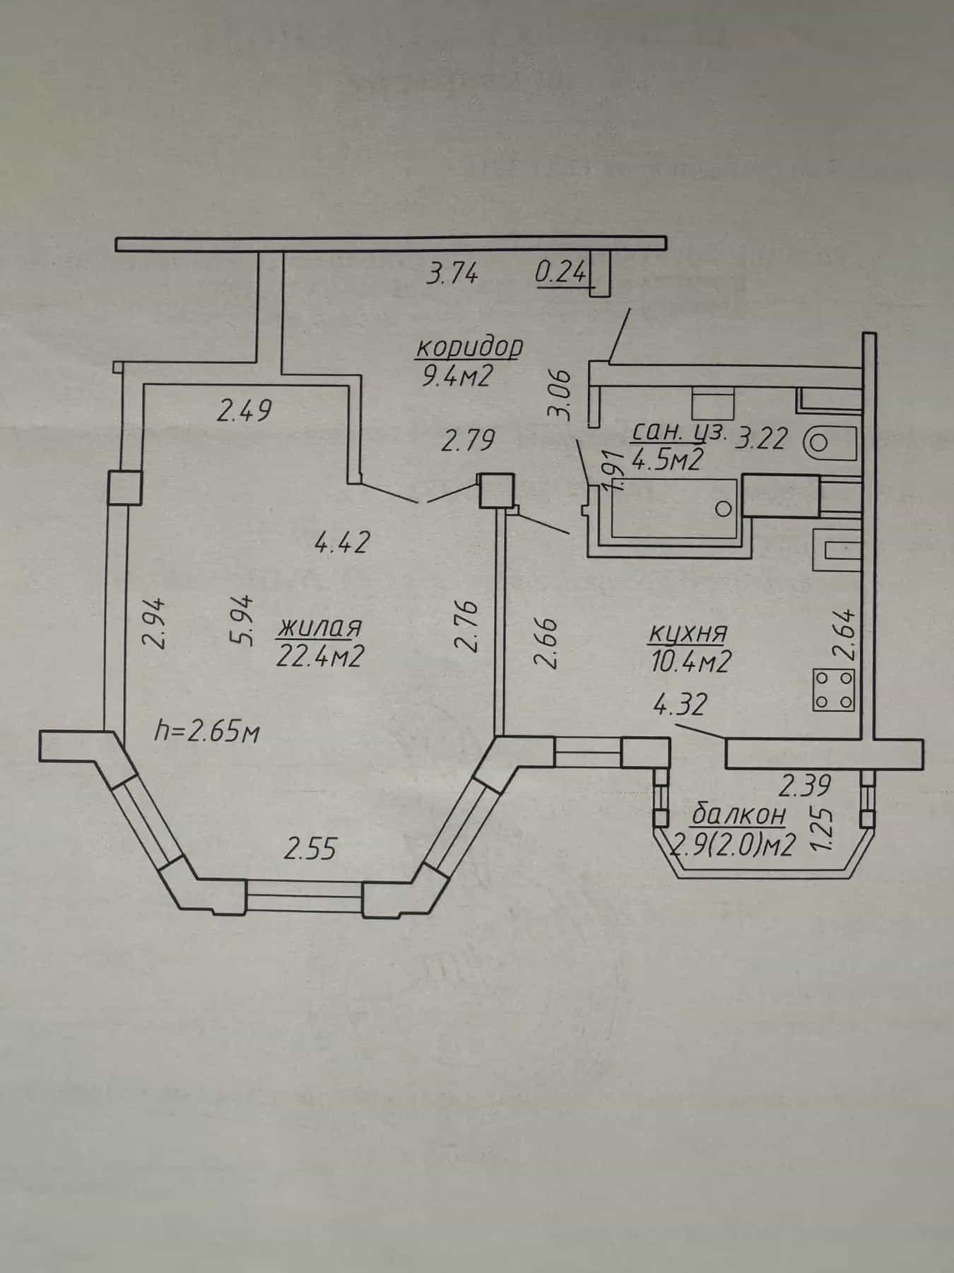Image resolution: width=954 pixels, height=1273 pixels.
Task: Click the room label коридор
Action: [x=469, y=348]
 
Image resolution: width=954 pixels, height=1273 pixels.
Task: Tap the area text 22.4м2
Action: [x=322, y=658]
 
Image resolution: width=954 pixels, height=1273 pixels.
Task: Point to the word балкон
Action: [x=738, y=815]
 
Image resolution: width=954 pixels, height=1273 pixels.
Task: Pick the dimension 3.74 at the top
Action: [x=452, y=272]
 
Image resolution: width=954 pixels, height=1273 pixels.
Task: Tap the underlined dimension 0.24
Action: [x=562, y=273]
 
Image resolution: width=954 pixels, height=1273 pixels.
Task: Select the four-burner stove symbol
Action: [x=835, y=690]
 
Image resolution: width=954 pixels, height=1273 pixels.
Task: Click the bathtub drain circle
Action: [x=722, y=508]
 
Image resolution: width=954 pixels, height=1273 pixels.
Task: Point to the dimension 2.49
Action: [x=245, y=411]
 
